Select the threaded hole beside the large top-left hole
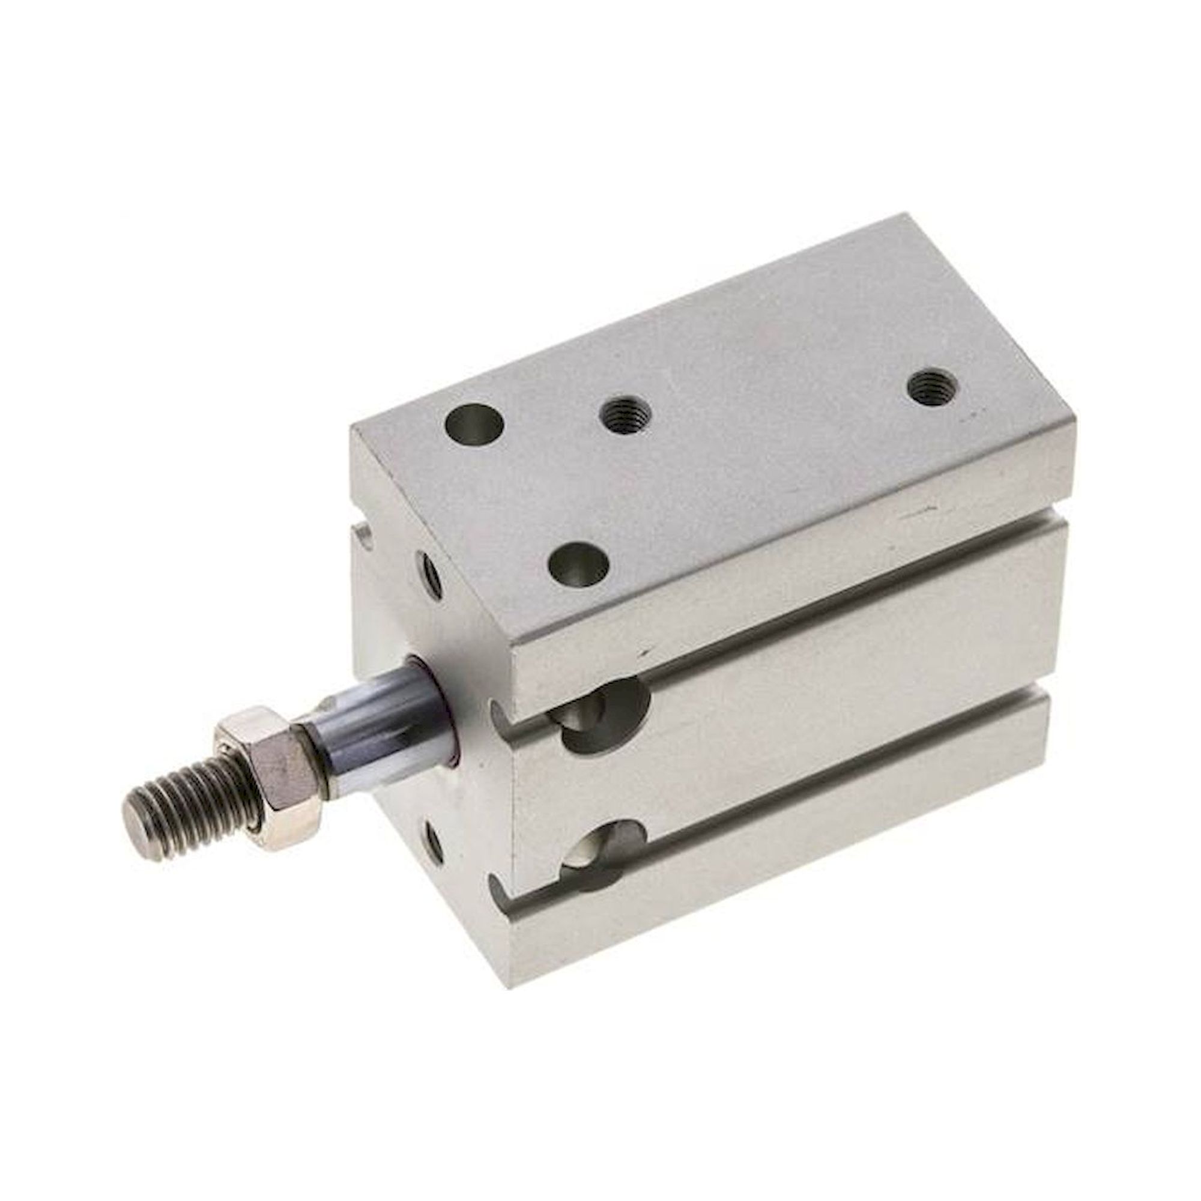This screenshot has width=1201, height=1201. (625, 411)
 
